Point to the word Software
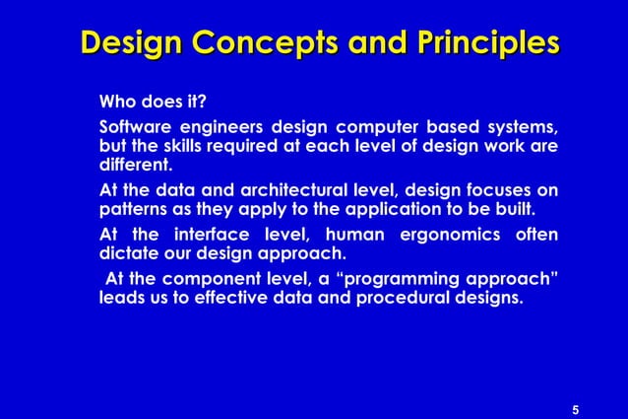coord(133,128)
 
